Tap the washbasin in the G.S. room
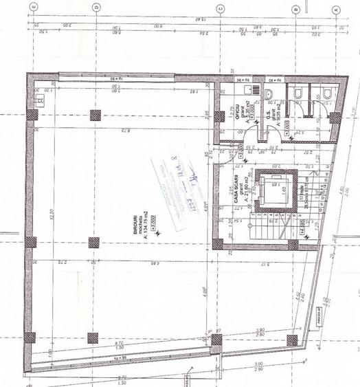(x=270, y=96)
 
